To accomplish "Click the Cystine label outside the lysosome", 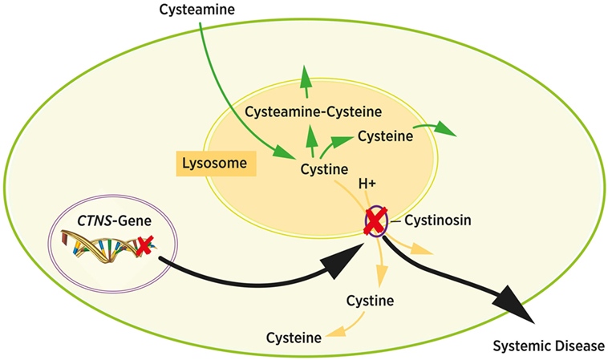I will pyautogui.click(x=369, y=301).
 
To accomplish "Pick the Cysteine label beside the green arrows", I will pyautogui.click(x=385, y=136).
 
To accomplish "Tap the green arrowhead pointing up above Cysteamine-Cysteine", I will pyautogui.click(x=306, y=77).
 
